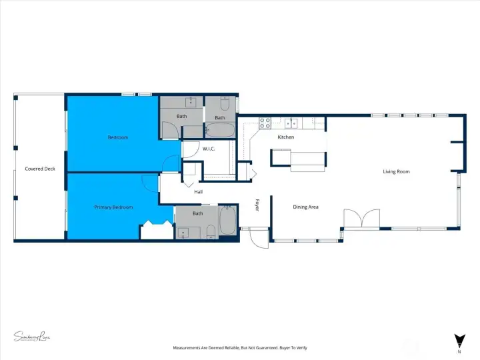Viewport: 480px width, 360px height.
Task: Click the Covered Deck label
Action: (x=39, y=169)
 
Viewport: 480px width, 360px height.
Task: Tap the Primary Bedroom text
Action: (x=113, y=207)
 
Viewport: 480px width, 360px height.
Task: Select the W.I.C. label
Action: (x=209, y=149)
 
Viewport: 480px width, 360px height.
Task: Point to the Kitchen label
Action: (x=285, y=137)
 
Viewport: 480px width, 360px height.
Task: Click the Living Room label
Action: (x=396, y=172)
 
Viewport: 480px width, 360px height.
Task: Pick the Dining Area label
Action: (x=305, y=207)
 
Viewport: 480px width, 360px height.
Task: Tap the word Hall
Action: (x=198, y=192)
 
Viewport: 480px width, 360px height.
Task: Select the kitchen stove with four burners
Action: (x=264, y=123)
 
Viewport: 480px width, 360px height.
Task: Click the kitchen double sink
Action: (x=291, y=123)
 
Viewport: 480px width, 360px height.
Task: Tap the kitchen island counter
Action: (x=298, y=158)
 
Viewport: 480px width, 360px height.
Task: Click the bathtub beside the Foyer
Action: (x=227, y=220)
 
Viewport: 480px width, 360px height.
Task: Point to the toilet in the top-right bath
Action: (x=225, y=104)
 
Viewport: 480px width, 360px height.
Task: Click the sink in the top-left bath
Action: (x=192, y=102)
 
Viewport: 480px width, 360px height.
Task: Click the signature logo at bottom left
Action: (x=32, y=337)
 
